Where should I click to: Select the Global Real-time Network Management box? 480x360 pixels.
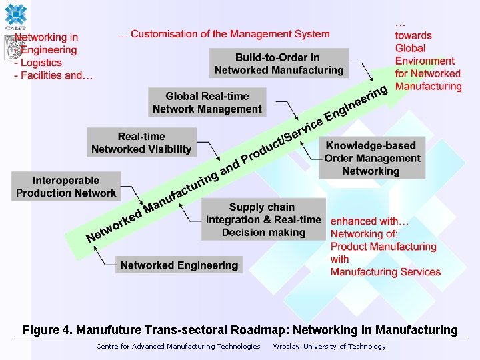(207, 103)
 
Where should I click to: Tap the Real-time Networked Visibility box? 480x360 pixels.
(141, 143)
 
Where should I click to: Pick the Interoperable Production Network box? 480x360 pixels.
(66, 187)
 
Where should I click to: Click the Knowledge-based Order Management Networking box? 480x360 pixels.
(372, 158)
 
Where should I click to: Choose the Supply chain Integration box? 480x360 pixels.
(263, 219)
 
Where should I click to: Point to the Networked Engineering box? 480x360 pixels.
(179, 265)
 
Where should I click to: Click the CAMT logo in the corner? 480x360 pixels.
(15, 16)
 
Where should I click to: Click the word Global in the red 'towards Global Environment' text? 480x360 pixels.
(410, 48)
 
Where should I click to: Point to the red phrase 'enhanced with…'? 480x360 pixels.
(370, 221)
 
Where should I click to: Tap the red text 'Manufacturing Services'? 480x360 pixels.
(385, 272)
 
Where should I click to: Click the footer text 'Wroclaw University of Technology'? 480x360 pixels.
(329, 346)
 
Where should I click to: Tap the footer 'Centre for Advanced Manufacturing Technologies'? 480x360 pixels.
(178, 346)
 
